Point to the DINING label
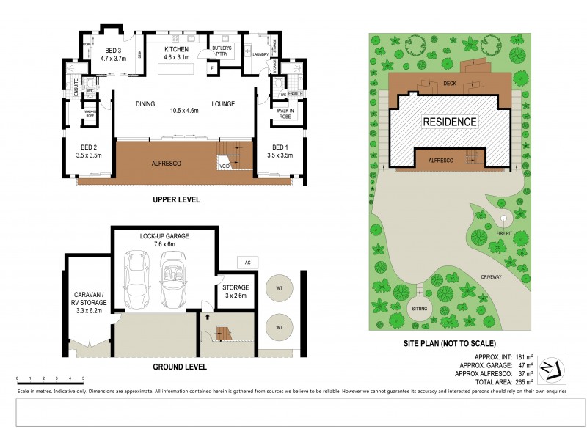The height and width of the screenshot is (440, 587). [145, 104]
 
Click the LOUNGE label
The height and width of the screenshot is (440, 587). [223, 104]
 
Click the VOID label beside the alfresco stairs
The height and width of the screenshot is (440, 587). [225, 167]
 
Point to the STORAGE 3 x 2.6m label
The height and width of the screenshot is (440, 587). [236, 291]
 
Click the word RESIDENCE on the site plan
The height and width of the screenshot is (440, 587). [449, 122]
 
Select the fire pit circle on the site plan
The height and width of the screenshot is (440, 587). [504, 219]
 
